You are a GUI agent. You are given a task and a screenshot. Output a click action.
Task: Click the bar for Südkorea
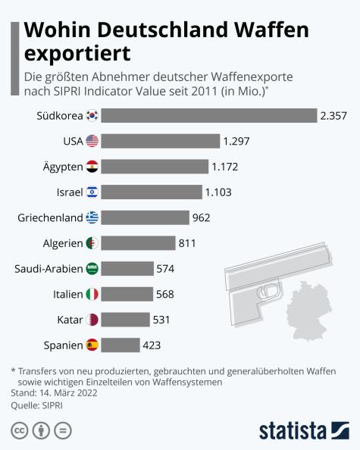click(x=208, y=115)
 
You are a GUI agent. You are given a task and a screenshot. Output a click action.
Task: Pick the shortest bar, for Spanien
click(x=120, y=345)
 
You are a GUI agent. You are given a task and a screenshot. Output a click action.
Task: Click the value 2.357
click(x=334, y=115)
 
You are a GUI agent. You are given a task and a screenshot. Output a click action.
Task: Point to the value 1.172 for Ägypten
click(x=225, y=166)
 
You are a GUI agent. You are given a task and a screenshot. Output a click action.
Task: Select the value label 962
click(x=202, y=217)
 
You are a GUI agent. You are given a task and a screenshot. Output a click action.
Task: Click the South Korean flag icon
click(x=92, y=115)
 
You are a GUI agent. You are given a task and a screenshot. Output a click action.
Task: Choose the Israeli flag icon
click(x=92, y=192)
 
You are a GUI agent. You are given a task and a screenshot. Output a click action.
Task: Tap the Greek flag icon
click(x=92, y=217)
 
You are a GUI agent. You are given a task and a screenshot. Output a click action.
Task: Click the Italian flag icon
click(x=92, y=294)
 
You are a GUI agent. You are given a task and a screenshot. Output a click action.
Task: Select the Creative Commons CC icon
click(x=18, y=430)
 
